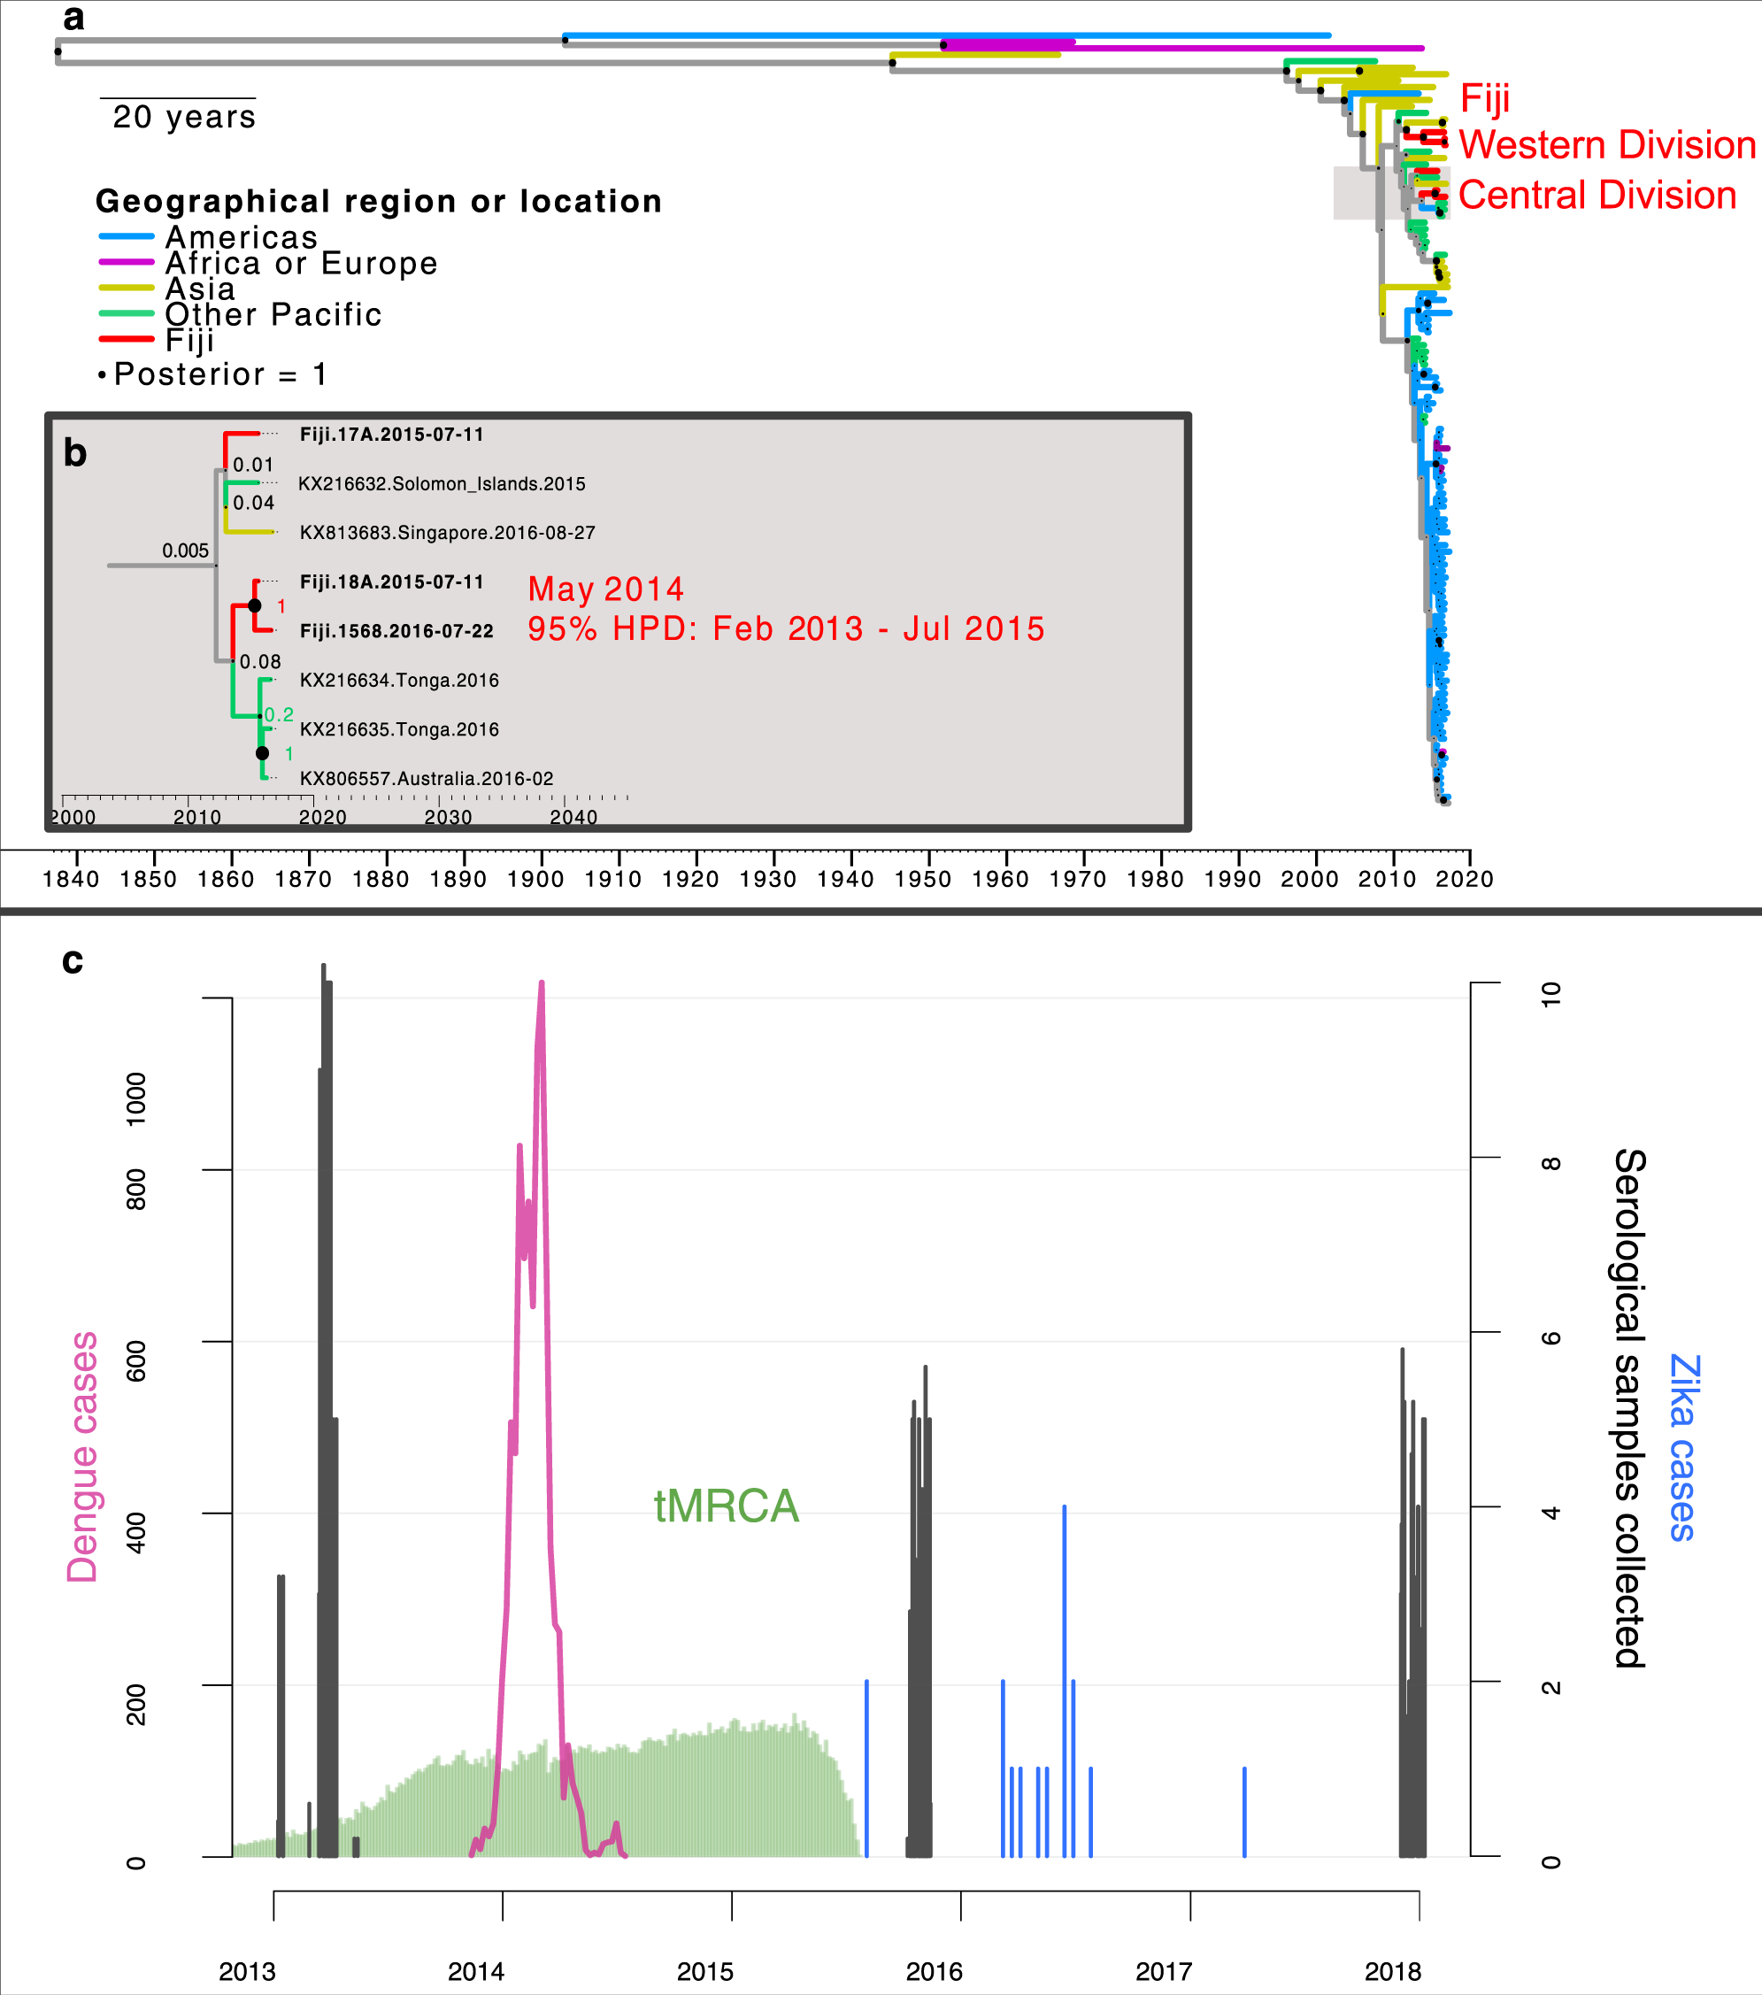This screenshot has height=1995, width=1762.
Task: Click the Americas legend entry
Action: coord(241,237)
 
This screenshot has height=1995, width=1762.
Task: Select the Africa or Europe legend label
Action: coord(301,263)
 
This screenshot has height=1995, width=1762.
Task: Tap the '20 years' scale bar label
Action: coord(183,117)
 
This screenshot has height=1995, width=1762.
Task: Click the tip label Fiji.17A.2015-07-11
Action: coord(391,435)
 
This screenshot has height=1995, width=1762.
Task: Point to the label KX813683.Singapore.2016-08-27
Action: coord(447,533)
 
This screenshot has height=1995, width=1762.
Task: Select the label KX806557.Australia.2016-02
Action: coord(427,779)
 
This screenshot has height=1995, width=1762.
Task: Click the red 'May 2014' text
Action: coord(606,589)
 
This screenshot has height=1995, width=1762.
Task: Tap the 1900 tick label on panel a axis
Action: coord(535,880)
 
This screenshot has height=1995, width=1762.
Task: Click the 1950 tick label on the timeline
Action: coord(922,880)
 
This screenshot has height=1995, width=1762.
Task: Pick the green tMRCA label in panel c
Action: coord(726,1506)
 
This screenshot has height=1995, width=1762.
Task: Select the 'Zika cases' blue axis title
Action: coord(1683,1447)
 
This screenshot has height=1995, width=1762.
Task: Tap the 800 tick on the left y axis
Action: coord(136,1189)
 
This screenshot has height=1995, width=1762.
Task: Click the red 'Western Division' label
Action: coord(1607,145)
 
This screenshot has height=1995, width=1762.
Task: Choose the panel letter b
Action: coord(75,454)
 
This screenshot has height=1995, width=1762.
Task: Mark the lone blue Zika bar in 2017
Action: coord(1244,1812)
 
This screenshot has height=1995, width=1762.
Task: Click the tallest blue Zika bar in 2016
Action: coord(1065,1679)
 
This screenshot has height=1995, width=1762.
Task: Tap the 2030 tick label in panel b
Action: coord(448,817)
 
